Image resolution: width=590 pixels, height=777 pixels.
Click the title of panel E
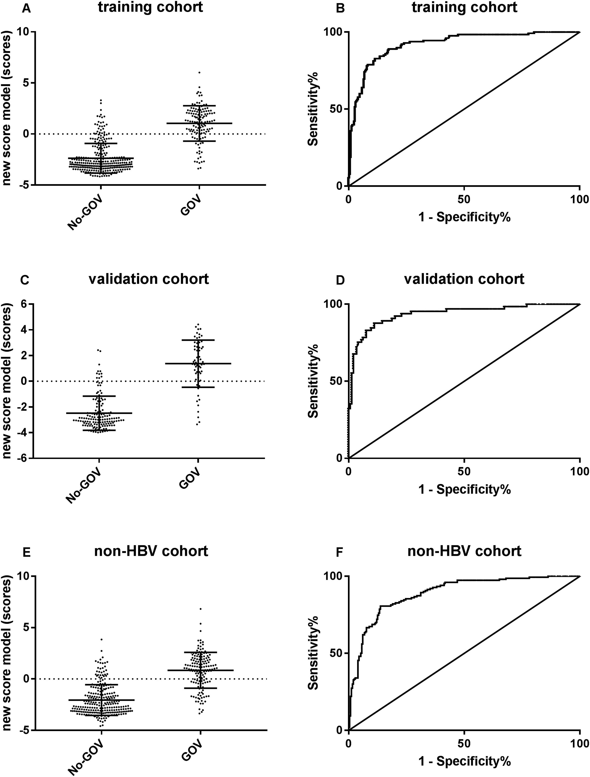151,551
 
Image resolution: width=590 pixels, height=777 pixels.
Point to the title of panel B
464,7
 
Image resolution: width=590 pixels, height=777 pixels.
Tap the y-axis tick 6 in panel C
25,304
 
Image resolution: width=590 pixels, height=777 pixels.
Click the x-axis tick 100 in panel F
580,743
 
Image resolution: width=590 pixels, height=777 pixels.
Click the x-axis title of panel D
464,489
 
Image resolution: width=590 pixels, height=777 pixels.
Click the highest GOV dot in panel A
199,72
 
